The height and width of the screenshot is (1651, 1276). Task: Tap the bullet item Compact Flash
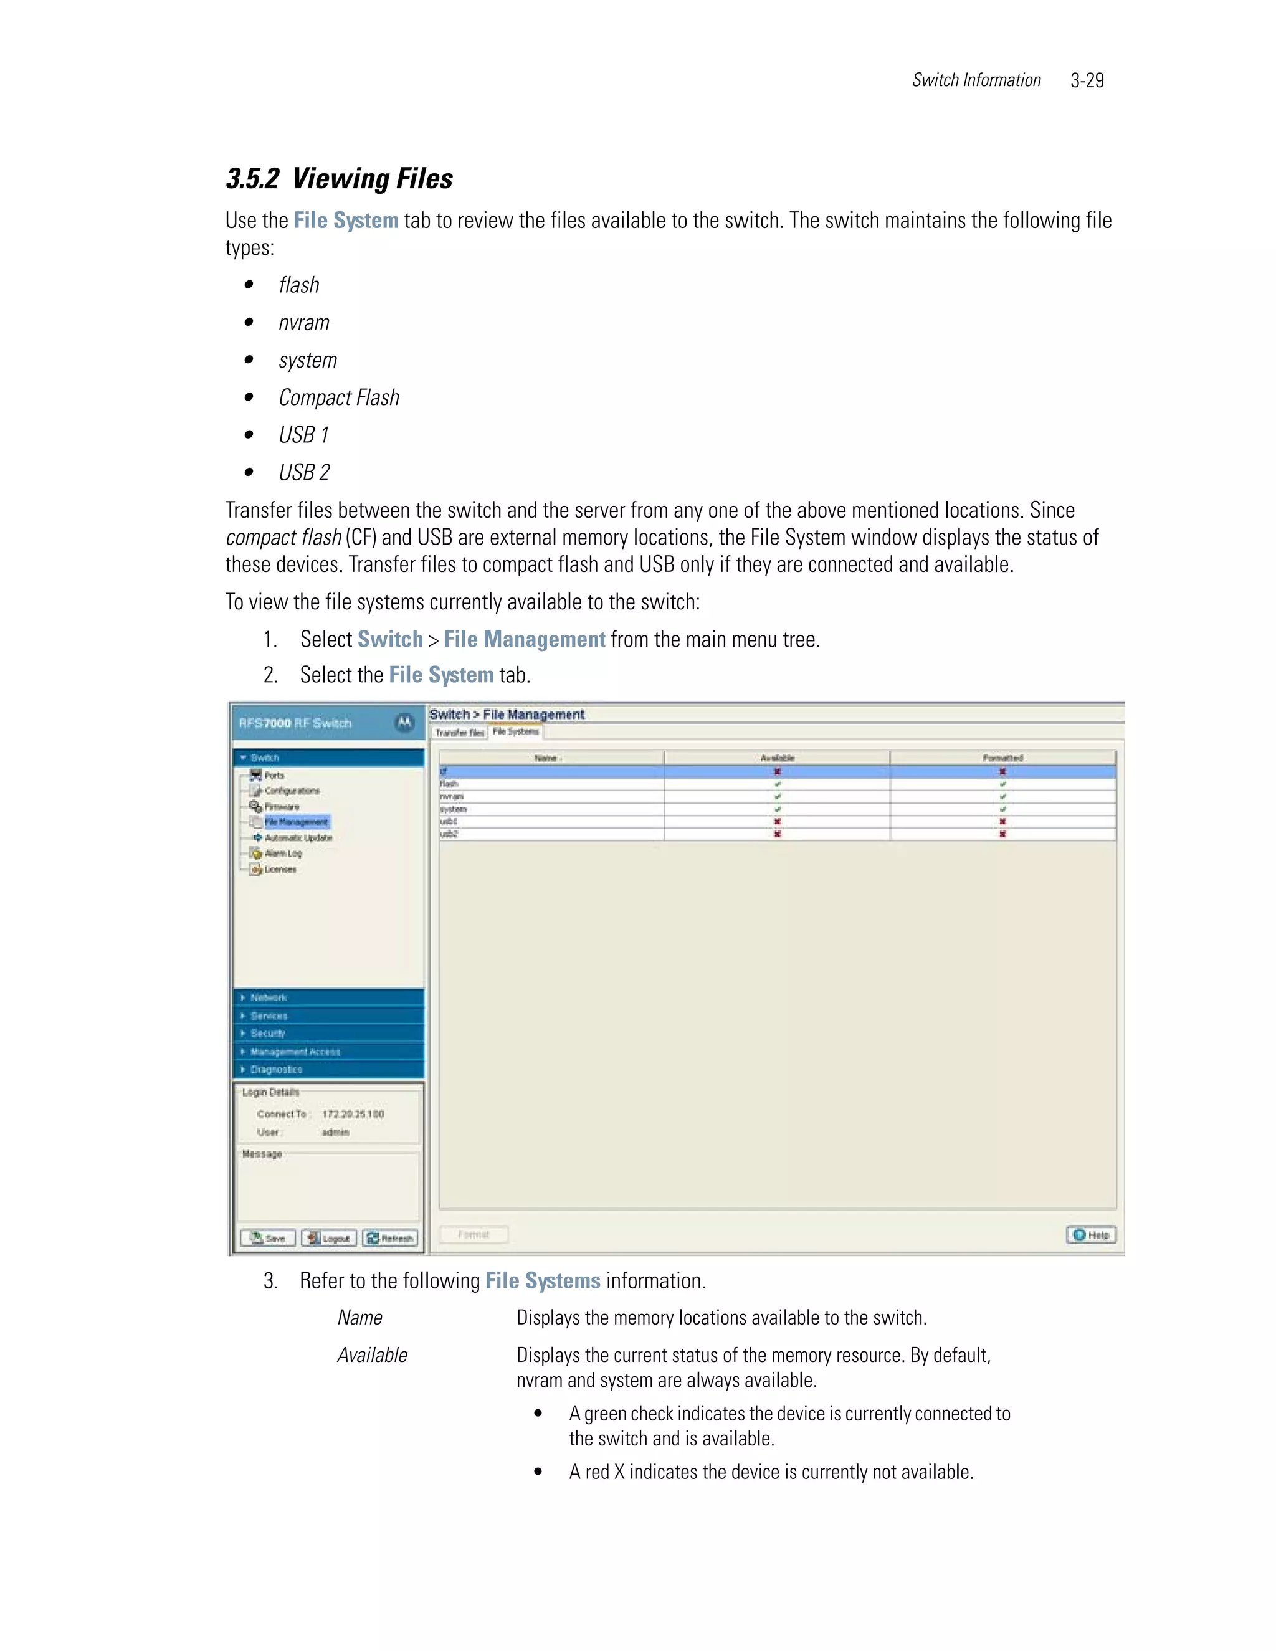click(339, 397)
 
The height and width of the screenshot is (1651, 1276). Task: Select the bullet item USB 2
click(304, 472)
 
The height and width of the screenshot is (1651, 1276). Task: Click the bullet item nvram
click(304, 323)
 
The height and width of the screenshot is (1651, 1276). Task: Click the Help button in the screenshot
click(1091, 1234)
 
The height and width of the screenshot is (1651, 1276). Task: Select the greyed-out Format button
click(474, 1234)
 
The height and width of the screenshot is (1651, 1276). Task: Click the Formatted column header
click(1002, 758)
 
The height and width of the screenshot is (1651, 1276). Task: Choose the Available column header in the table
click(777, 758)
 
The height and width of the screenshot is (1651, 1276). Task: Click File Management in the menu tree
click(297, 822)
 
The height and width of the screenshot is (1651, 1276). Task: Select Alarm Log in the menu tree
click(283, 854)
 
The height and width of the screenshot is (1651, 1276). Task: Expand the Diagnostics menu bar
click(277, 1070)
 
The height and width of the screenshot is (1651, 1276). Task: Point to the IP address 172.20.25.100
click(353, 1115)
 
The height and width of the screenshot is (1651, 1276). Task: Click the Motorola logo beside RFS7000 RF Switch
click(404, 723)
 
